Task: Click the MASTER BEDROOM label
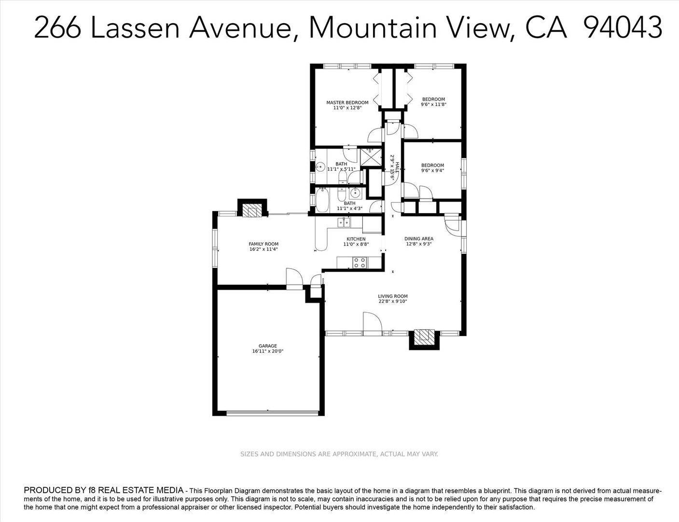point(347,102)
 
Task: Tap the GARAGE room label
point(268,346)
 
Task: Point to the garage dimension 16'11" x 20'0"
point(268,351)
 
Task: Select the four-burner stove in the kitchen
point(360,262)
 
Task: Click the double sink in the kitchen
point(344,222)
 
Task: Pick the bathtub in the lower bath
point(321,200)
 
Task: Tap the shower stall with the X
point(371,157)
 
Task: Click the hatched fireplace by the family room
point(250,211)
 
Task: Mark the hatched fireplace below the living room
point(424,335)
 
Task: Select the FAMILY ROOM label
point(263,244)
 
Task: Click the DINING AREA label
point(419,238)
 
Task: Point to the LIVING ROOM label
point(393,296)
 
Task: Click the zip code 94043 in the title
point(623,28)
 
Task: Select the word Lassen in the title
point(135,28)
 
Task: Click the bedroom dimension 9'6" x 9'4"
point(433,171)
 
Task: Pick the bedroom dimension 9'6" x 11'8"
point(433,104)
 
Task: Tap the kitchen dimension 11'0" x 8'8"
point(356,244)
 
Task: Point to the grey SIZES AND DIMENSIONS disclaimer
point(339,454)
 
